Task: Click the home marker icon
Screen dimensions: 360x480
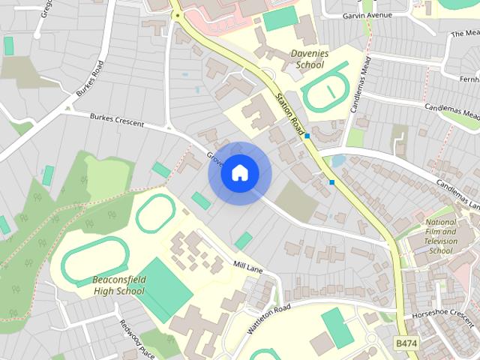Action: click(240, 173)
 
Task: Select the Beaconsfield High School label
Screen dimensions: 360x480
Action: click(118, 286)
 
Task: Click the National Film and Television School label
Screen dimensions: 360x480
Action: click(439, 236)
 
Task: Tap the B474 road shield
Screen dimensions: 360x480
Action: click(406, 343)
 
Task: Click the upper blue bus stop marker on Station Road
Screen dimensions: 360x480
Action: click(307, 136)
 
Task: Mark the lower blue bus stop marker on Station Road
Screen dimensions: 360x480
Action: click(331, 181)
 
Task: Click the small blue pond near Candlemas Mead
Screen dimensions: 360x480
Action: click(337, 160)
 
